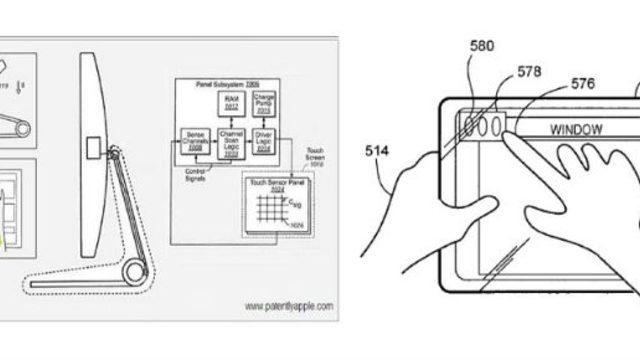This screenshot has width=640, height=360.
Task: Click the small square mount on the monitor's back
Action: tap(92, 148)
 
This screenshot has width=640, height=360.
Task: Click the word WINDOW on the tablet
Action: tap(576, 128)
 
